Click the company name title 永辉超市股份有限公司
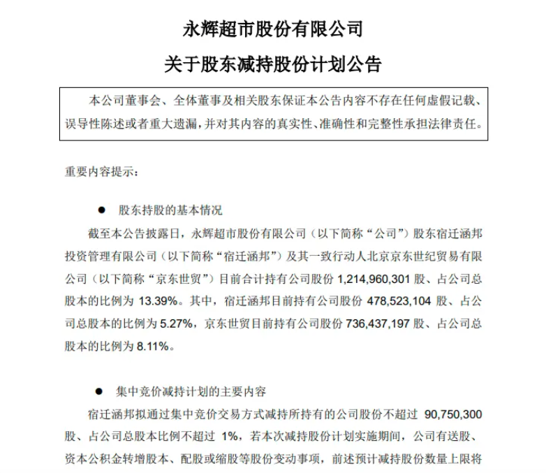[x=273, y=29]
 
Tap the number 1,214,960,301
[x=376, y=278]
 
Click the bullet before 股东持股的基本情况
[x=101, y=210]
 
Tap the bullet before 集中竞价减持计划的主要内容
[x=101, y=391]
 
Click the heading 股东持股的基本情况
[x=170, y=210]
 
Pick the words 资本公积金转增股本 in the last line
[x=122, y=458]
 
